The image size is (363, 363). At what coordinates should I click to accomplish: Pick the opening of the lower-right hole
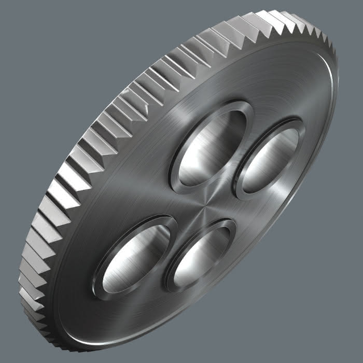200,254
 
